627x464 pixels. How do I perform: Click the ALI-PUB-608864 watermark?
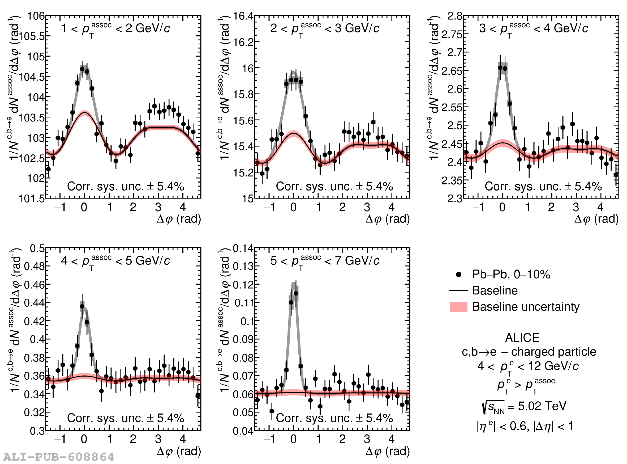[x=59, y=457]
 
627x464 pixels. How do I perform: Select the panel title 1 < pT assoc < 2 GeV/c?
[x=115, y=29]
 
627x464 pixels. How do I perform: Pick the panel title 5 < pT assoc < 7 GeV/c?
[x=325, y=261]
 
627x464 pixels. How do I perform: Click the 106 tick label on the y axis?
[x=36, y=16]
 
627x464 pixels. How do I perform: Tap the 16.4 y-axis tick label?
[x=243, y=16]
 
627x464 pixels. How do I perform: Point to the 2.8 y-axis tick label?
[x=455, y=16]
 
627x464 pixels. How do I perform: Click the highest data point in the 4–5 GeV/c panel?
[x=82, y=307]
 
